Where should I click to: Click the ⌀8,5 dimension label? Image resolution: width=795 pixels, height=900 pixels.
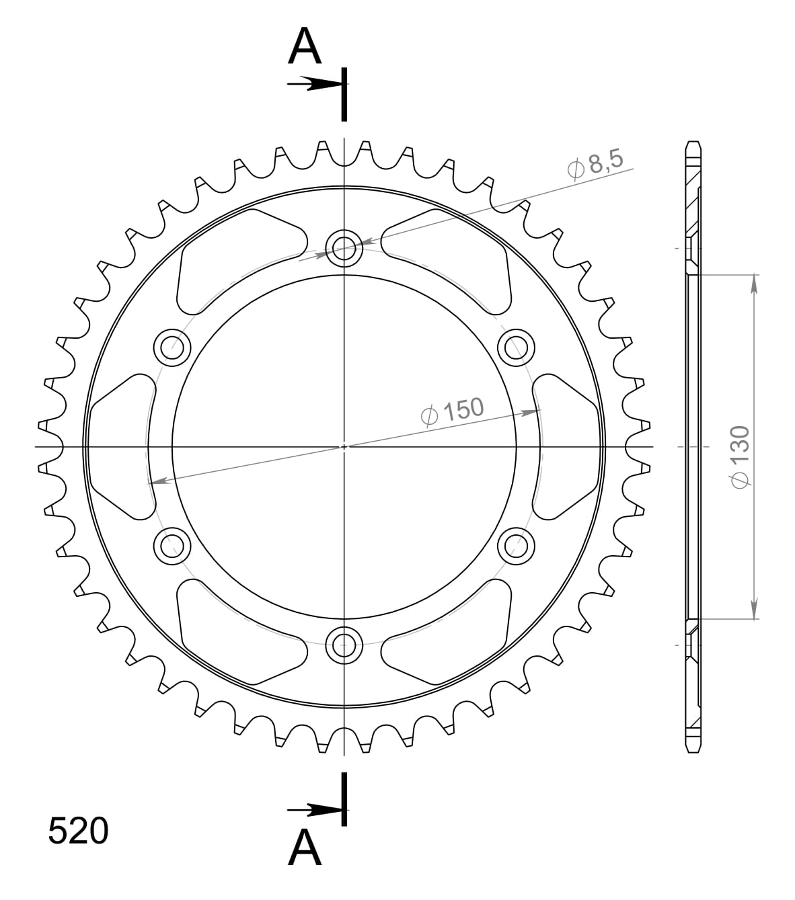(596, 165)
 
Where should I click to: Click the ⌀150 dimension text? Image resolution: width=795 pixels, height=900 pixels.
(451, 411)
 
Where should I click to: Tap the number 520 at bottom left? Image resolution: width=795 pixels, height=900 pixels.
(78, 831)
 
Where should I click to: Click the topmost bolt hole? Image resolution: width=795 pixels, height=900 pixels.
(344, 247)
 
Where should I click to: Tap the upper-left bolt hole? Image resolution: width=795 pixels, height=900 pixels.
(172, 347)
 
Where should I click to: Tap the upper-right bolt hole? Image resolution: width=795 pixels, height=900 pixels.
(516, 347)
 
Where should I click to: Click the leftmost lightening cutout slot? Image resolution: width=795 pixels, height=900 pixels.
(121, 446)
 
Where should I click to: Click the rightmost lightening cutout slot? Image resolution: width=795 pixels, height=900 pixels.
(566, 446)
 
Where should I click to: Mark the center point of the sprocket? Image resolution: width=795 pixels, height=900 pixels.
(344, 446)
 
